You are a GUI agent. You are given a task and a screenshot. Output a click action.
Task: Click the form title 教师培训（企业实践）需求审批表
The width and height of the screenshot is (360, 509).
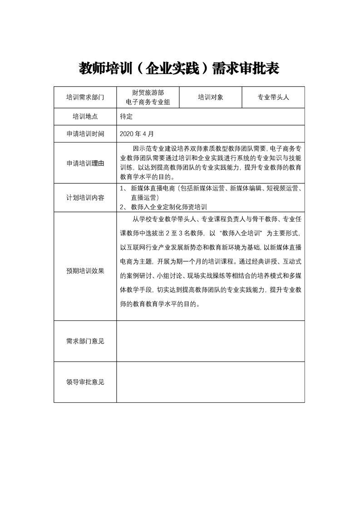pos(179,69)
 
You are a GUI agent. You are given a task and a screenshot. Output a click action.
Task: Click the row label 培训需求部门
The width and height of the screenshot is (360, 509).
pos(85,97)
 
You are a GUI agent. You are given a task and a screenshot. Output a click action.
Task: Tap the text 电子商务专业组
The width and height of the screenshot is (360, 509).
pos(148,102)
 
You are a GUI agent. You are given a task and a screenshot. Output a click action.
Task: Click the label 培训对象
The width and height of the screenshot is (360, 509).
pos(210,97)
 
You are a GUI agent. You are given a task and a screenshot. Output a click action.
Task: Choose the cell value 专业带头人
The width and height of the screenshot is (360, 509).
pos(273,97)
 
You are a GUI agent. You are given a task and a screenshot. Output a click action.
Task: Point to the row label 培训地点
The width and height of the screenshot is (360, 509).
pos(85,116)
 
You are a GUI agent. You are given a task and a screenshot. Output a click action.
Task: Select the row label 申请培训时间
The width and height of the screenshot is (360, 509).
pos(85,134)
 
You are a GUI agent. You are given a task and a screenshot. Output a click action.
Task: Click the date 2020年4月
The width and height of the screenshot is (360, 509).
pos(137,134)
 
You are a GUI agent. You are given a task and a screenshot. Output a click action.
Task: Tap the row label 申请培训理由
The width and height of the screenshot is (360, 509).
pos(85,163)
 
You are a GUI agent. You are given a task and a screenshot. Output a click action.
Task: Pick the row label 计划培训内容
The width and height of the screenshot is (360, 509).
pos(85,198)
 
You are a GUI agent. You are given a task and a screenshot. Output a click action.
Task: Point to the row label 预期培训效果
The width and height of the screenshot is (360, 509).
pos(85,271)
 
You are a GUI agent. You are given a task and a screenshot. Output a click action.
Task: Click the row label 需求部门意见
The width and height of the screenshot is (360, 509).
pos(85,341)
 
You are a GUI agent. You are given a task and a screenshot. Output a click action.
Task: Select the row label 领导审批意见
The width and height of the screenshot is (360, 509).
pos(85,382)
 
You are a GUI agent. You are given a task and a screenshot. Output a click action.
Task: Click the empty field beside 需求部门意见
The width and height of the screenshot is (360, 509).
pos(210,341)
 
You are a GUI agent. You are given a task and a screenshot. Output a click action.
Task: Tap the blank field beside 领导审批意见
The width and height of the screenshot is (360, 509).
pos(210,382)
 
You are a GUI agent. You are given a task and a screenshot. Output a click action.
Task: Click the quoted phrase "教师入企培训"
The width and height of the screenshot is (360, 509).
pos(241,233)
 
